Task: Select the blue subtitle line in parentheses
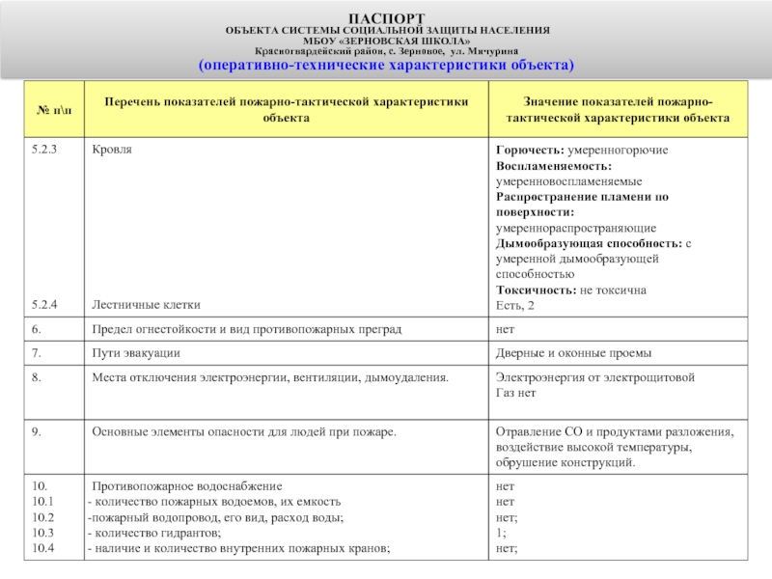click(386, 65)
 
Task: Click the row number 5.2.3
click(45, 151)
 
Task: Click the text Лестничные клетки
click(146, 305)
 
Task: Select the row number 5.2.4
click(45, 305)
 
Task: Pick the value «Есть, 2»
click(514, 305)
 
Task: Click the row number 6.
click(36, 329)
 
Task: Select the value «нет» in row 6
click(505, 329)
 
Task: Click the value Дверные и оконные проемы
click(573, 353)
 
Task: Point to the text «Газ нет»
click(516, 393)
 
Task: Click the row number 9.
click(36, 431)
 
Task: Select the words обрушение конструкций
click(565, 462)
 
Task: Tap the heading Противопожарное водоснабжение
click(186, 486)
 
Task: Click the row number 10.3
click(43, 533)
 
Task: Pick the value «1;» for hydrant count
click(500, 533)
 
